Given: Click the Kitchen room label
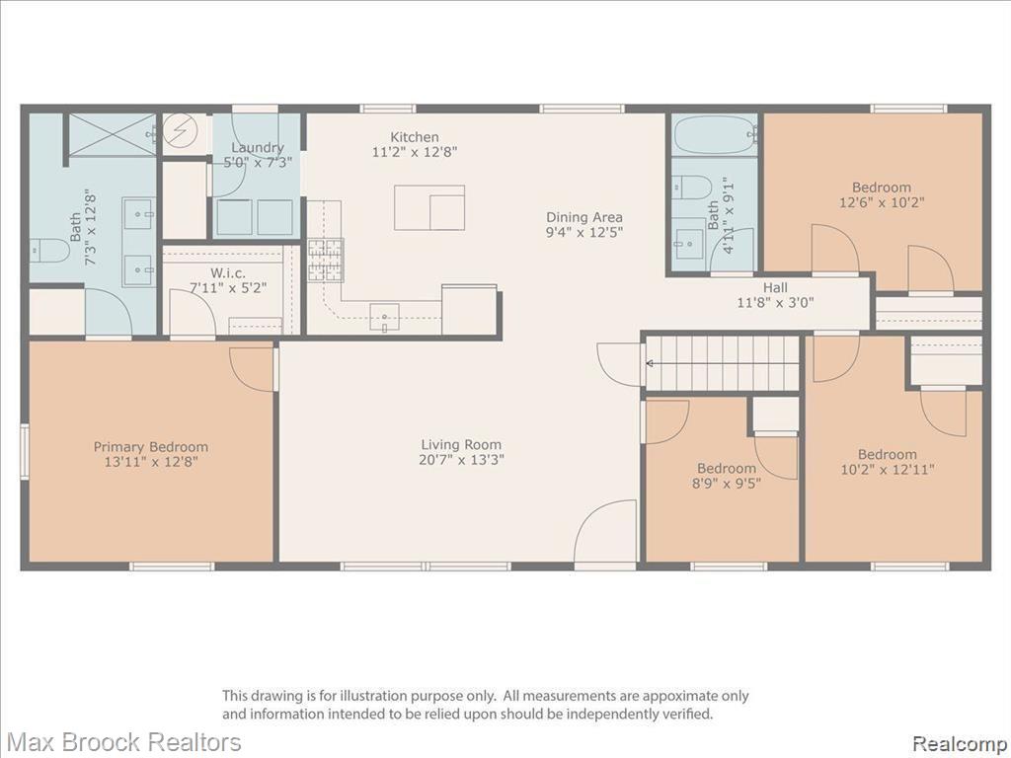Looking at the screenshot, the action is pos(415,137).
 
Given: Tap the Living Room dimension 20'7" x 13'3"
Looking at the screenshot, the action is pos(461,460).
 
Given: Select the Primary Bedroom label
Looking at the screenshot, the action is pos(151,447).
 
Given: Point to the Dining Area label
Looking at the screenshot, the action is pos(584,217).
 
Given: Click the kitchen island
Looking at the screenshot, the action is pos(429,207).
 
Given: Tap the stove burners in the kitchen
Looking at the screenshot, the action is pos(326,260).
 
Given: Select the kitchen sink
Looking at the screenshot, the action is pos(384,317).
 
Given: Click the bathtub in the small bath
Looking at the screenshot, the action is pos(716,134).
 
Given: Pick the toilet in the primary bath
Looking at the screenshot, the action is pos(49,250).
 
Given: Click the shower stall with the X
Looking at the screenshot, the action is pos(113,134).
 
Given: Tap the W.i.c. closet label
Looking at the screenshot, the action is pos(228,273).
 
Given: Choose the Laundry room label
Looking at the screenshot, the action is pos(258,148).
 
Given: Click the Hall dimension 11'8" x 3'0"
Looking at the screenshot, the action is pos(776,302).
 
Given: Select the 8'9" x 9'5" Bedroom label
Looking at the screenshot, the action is pos(727,476).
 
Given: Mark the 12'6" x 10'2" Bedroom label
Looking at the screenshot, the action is pos(882,194).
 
